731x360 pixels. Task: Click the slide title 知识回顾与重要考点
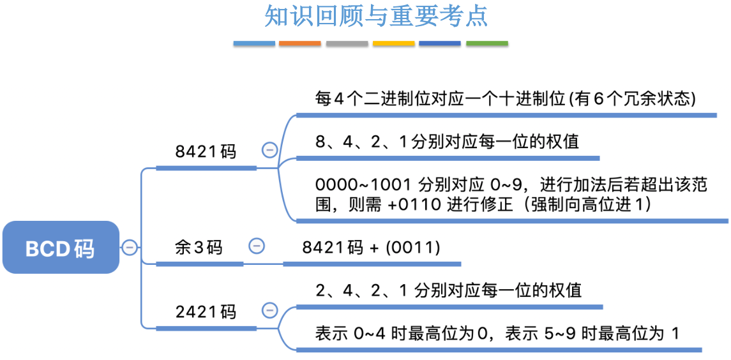coord(376,17)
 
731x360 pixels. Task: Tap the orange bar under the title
coord(300,44)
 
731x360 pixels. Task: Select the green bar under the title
coord(487,44)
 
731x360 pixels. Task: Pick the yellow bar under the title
coord(393,44)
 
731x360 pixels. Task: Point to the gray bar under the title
coord(347,44)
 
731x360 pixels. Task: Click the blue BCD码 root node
coord(61,248)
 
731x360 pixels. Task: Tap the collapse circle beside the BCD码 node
coord(130,247)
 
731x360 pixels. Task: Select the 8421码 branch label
coord(206,152)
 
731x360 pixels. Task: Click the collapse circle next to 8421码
coord(269,150)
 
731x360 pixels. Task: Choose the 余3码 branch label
coord(199,247)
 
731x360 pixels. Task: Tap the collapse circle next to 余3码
coord(257,246)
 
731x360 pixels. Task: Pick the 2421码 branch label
coord(206,311)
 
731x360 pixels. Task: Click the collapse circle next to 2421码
coord(269,310)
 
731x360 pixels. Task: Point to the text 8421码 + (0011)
coord(371,247)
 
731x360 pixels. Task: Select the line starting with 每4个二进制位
coord(505,99)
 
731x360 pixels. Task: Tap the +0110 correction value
coord(409,206)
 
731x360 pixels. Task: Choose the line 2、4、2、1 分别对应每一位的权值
coord(448,290)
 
